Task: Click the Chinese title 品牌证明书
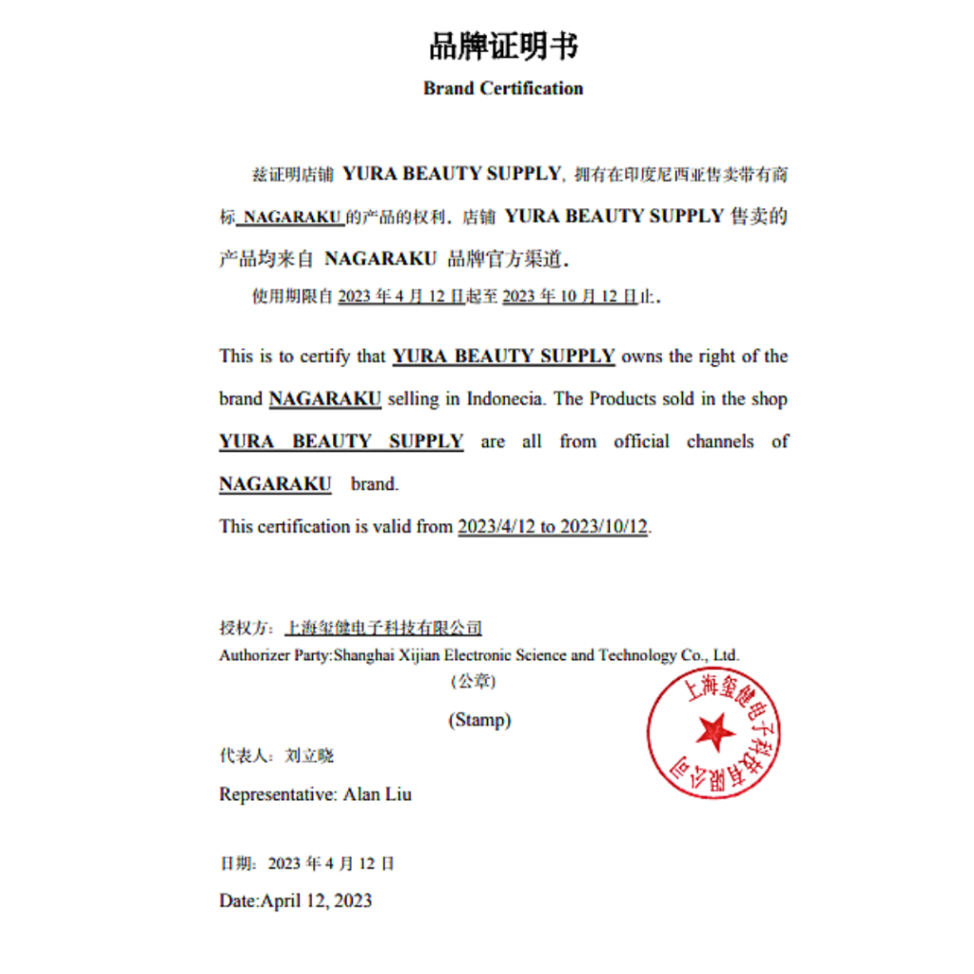[x=503, y=45]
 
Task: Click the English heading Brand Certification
[x=503, y=88]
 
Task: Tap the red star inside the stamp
[x=713, y=732]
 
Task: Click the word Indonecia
[x=505, y=399]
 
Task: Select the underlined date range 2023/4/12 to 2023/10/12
[x=554, y=526]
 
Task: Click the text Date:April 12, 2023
[x=295, y=900]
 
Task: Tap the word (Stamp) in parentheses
[x=479, y=720]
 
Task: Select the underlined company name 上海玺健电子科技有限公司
[x=384, y=628]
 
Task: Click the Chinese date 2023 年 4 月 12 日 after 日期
[x=331, y=864]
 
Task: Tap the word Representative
[x=274, y=793]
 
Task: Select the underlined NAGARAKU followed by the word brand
[x=275, y=483]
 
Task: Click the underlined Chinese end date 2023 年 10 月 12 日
[x=570, y=297]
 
